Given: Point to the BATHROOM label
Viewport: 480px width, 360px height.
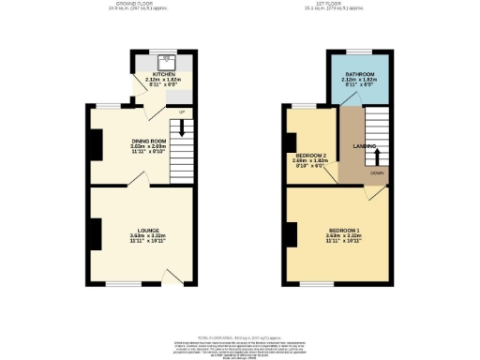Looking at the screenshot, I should pos(359,73).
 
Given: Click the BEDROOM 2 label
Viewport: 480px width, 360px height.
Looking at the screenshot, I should pos(310,154).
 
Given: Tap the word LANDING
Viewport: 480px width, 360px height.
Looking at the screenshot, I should pos(365,146).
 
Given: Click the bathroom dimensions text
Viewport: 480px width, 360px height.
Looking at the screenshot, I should pos(359,83).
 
